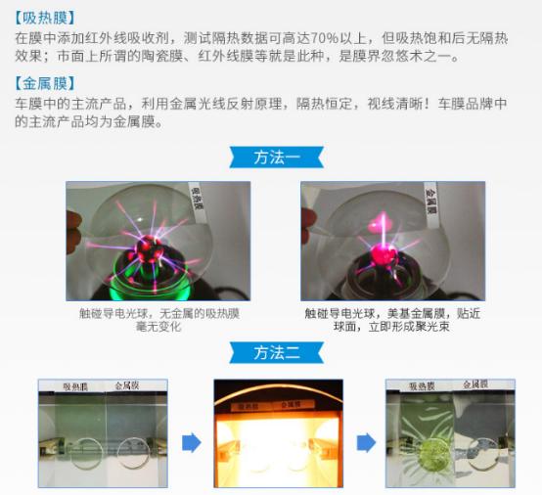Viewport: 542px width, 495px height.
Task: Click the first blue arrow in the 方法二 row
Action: point(192,442)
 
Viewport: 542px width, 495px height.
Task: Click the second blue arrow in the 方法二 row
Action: point(366,442)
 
